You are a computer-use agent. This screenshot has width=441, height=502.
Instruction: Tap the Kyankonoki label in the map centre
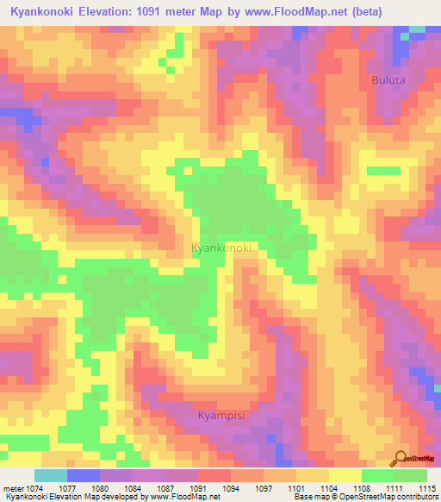tap(221, 248)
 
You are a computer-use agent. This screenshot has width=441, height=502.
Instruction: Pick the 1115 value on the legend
tap(427, 487)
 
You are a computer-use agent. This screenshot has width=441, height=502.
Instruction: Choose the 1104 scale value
tap(326, 487)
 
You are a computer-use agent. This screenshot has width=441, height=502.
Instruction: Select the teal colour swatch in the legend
tap(50, 475)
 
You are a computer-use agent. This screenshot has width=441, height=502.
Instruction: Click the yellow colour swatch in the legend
tap(345, 475)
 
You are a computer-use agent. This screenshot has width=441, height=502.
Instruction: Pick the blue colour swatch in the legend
tap(84, 475)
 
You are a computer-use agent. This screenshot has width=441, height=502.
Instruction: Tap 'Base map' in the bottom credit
tap(309, 497)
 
